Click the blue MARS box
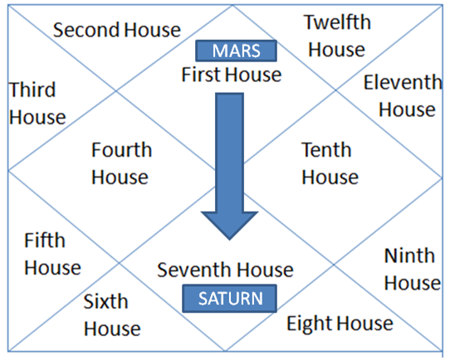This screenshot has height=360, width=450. [x=236, y=51]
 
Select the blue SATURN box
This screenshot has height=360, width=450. [x=230, y=299]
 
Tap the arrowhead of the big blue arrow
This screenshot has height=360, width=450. [x=230, y=226]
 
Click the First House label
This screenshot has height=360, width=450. [x=232, y=75]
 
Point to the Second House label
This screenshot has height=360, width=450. [x=117, y=30]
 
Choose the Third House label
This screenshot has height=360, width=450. [x=37, y=103]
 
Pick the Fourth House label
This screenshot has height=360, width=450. [x=121, y=163]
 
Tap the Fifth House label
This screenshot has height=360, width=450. [x=52, y=254]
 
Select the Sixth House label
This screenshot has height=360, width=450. [x=112, y=314]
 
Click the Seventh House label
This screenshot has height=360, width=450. [x=225, y=270]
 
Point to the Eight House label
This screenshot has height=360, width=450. [x=340, y=324]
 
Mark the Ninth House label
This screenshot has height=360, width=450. [x=413, y=269]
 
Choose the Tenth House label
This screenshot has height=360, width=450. [x=330, y=163]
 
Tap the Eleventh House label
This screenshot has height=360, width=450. [x=403, y=95]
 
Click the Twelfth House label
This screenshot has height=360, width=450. [x=337, y=36]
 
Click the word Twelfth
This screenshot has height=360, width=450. [x=337, y=22]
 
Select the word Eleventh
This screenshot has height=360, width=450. [x=403, y=82]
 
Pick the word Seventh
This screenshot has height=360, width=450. [x=194, y=270]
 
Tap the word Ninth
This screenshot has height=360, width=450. [x=409, y=255]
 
